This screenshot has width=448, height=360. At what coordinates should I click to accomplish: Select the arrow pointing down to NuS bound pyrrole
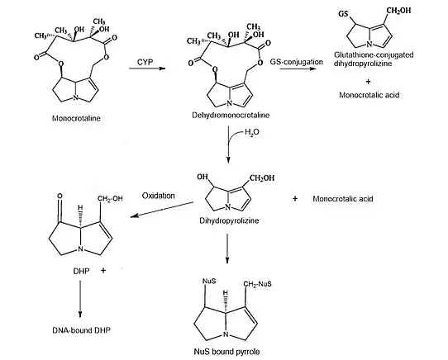coord(227,249)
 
